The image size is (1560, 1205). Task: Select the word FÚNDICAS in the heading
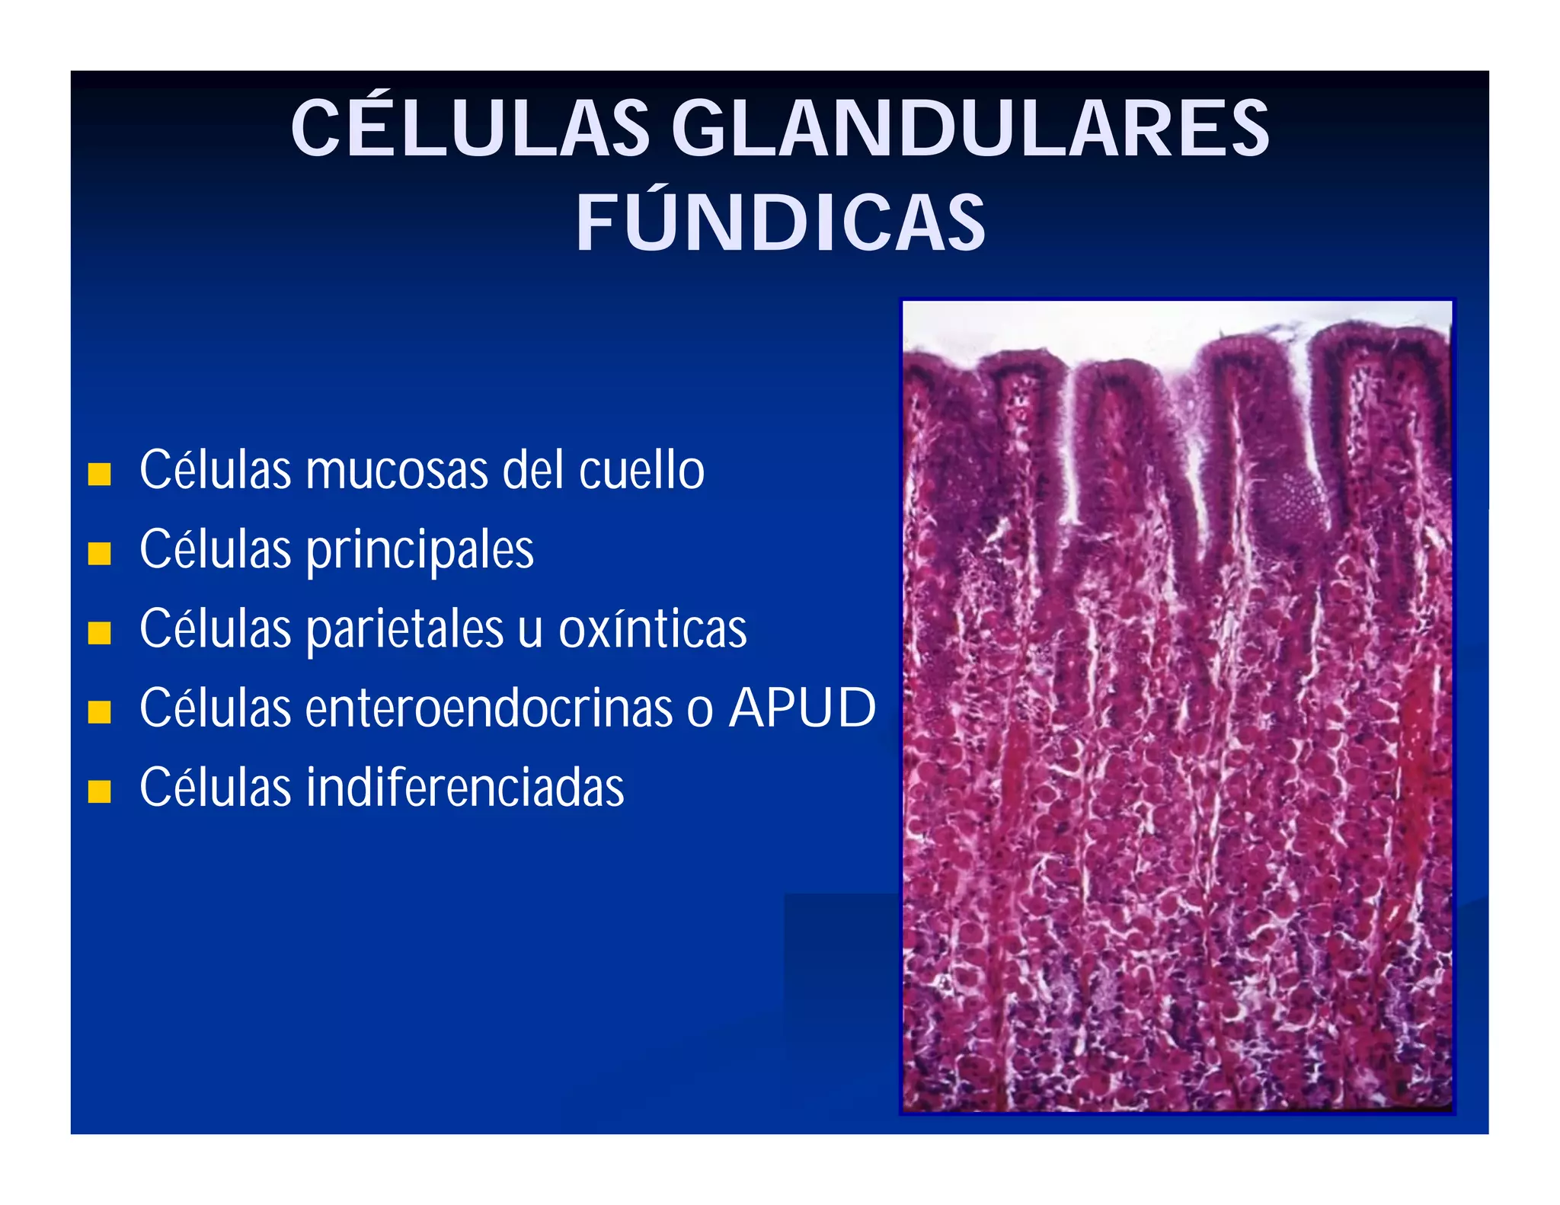coord(780,222)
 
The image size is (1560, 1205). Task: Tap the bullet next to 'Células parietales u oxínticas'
coord(99,632)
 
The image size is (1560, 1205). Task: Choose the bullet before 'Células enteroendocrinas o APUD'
coord(99,711)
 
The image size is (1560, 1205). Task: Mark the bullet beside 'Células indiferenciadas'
coord(99,791)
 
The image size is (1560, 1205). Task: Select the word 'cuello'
coord(641,471)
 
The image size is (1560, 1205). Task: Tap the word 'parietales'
coord(404,630)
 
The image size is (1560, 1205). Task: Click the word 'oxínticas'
coord(652,630)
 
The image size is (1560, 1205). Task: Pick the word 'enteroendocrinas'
coord(488,708)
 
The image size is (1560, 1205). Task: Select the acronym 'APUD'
coord(802,708)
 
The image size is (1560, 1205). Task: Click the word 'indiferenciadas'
coord(465,788)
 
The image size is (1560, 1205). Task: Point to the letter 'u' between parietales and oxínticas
coord(530,631)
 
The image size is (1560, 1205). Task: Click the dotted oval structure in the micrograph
coord(1290,503)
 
